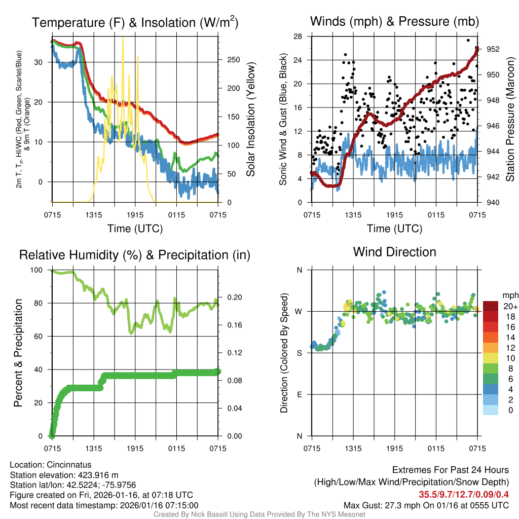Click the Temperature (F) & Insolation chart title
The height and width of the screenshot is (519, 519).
tap(135, 22)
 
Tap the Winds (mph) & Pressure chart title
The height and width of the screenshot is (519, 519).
tap(394, 21)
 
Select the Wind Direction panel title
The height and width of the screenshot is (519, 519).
tap(394, 252)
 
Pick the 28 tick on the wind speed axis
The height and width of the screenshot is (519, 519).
tap(298, 36)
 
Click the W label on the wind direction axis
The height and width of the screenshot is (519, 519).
tap(300, 311)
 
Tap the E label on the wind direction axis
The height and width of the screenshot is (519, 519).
tap(300, 394)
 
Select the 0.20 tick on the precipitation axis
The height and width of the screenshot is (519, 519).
tap(231, 298)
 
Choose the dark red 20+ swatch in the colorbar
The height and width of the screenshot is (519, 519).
tap(491, 307)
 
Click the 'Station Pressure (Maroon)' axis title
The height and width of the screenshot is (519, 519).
tap(510, 119)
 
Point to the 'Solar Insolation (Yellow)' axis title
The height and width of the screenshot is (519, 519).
tap(250, 119)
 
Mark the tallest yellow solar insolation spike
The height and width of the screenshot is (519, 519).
tap(122, 39)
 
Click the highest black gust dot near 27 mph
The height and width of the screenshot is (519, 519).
tap(468, 40)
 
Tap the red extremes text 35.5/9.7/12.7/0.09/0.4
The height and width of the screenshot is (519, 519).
tap(464, 494)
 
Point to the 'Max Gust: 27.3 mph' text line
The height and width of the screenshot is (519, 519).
tap(426, 505)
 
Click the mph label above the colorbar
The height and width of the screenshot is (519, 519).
tap(509, 295)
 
